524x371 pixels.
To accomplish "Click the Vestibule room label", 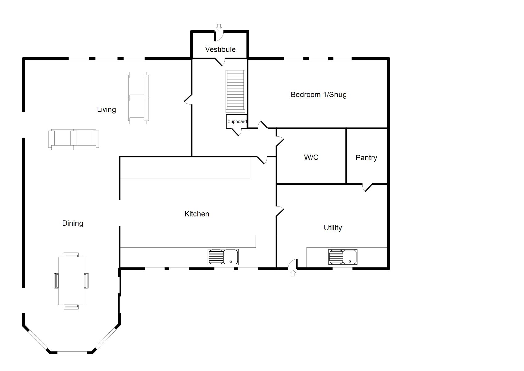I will click(220, 49).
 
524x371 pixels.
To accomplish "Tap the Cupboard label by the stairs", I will click(237, 122).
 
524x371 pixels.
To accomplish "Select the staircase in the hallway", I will click(236, 91).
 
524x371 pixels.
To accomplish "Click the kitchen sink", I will click(223, 257).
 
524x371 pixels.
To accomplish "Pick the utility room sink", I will click(343, 257).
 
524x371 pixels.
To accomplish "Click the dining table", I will click(71, 281).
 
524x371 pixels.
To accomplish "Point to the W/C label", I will click(311, 157).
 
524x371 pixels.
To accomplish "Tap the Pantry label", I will click(366, 158).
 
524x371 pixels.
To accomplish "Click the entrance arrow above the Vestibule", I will click(219, 27).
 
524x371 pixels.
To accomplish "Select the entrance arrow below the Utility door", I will click(293, 273).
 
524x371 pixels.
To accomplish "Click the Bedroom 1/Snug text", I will click(319, 95).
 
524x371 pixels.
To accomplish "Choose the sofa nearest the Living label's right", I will click(138, 98).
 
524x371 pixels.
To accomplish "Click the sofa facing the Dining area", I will click(74, 140).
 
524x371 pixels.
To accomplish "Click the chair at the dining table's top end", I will click(71, 255).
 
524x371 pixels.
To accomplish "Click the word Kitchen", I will click(197, 214).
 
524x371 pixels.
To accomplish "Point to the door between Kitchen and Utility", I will click(280, 211).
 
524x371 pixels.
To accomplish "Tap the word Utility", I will click(333, 228).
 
